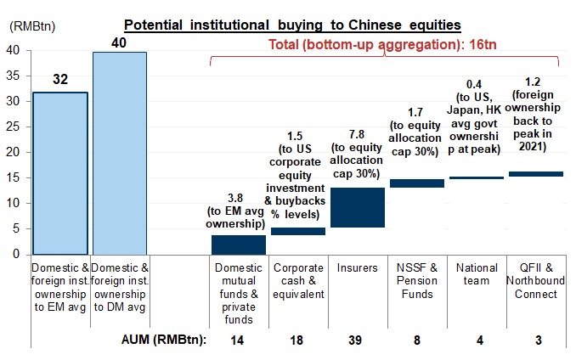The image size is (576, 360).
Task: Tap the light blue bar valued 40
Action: pos(120,153)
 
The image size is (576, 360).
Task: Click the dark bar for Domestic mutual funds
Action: pos(239,245)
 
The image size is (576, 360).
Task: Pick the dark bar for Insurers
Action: pos(358,207)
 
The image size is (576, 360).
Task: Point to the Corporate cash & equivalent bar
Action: pos(298,231)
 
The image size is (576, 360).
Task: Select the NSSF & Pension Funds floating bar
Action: pos(417,183)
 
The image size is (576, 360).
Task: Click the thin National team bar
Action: pos(477,177)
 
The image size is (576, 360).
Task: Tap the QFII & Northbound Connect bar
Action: pos(536,174)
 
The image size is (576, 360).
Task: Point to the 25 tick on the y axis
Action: pos(14,127)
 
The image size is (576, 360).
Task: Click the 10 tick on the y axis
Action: pos(14,203)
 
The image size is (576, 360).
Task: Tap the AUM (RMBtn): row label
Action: pos(163,340)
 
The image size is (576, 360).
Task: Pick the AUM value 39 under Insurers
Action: pos(358,340)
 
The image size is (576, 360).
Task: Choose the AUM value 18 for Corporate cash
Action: pos(298,340)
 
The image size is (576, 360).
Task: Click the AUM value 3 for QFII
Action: pos(536,340)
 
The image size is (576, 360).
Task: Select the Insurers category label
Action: pos(358,268)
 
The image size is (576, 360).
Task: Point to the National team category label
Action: pos(477,275)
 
